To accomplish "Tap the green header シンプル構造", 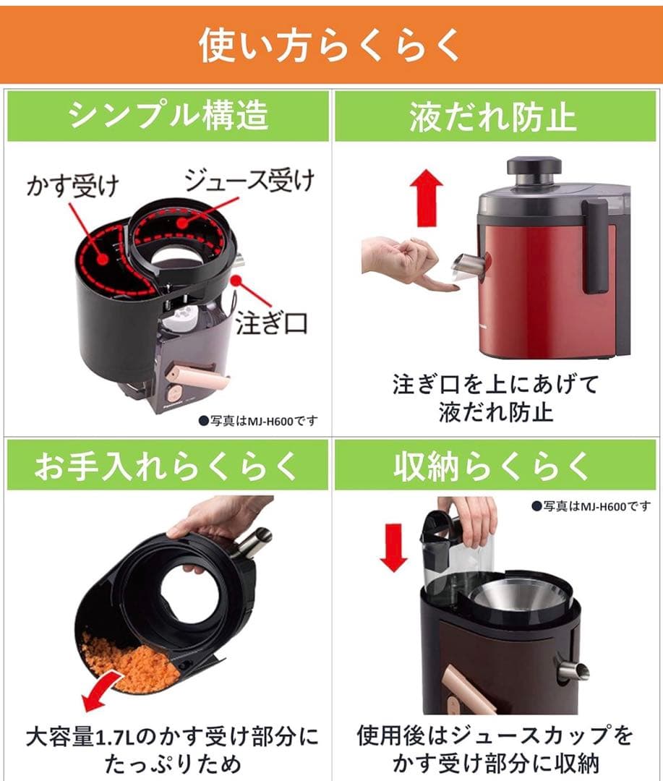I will [168, 116].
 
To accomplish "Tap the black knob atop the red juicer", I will [534, 166].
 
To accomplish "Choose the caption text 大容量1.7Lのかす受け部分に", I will [171, 738].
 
